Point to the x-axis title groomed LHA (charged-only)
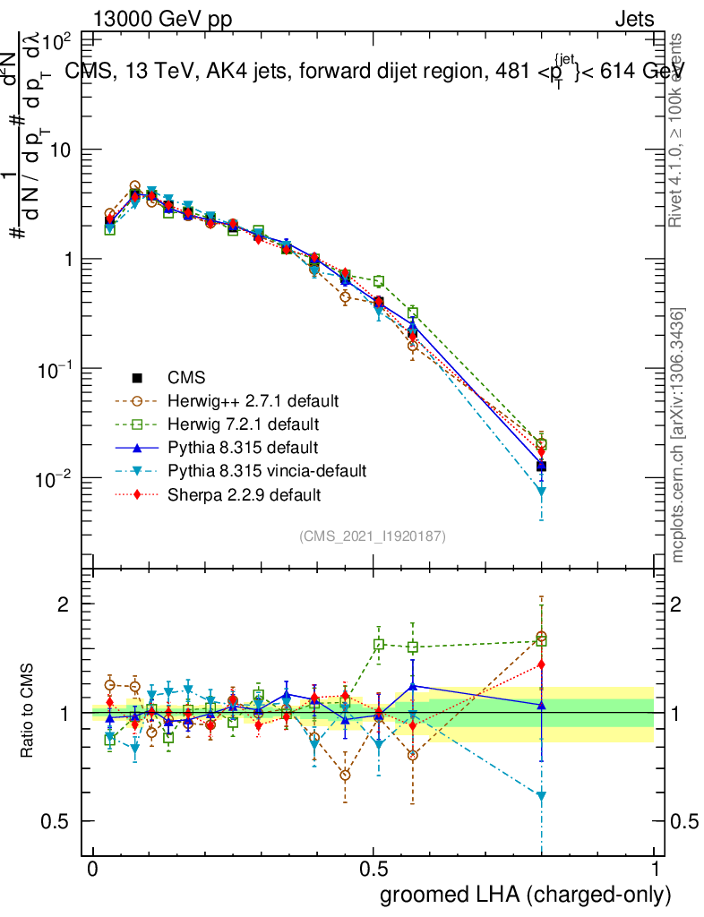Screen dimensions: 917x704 point(527,894)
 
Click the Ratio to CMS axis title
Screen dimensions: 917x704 point(29,712)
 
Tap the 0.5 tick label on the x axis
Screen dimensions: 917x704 point(373,870)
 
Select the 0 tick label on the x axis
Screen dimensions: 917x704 point(93,870)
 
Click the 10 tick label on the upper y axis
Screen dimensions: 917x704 point(59,150)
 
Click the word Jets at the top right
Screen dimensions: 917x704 point(634,19)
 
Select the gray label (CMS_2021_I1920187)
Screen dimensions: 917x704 point(373,536)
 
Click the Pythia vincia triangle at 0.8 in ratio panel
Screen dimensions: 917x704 point(541,796)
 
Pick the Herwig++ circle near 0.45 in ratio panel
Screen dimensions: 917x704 point(345,775)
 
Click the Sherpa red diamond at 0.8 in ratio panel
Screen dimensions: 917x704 point(541,664)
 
